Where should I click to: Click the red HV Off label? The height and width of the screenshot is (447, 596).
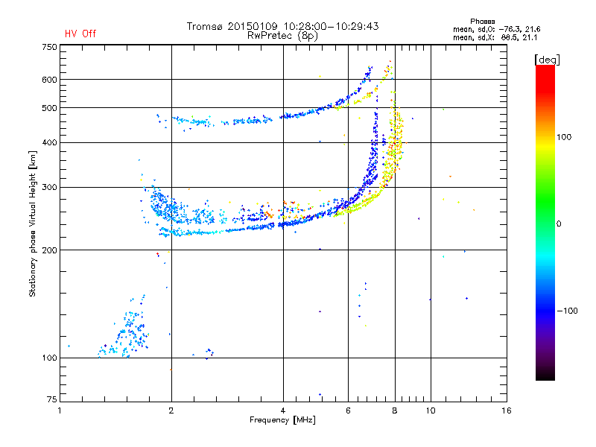click(x=80, y=34)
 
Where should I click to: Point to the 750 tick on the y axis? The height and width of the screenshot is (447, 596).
click(x=49, y=47)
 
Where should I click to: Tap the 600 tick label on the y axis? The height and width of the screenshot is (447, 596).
click(x=49, y=80)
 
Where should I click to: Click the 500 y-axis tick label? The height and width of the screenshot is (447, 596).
click(x=49, y=108)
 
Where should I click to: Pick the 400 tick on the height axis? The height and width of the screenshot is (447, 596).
click(x=49, y=142)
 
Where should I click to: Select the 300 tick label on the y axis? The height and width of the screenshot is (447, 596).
click(x=49, y=187)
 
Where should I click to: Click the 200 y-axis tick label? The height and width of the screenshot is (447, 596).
click(x=49, y=250)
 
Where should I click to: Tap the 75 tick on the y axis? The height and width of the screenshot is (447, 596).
click(x=51, y=400)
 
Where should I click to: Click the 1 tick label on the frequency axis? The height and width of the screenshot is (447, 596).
click(x=60, y=410)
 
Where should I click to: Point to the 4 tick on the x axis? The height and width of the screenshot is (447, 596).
click(x=283, y=410)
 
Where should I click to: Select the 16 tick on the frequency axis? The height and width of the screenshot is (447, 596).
click(x=506, y=410)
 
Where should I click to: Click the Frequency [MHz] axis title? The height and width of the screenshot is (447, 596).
click(x=283, y=420)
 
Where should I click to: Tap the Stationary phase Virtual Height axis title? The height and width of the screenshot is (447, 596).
click(x=33, y=223)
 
